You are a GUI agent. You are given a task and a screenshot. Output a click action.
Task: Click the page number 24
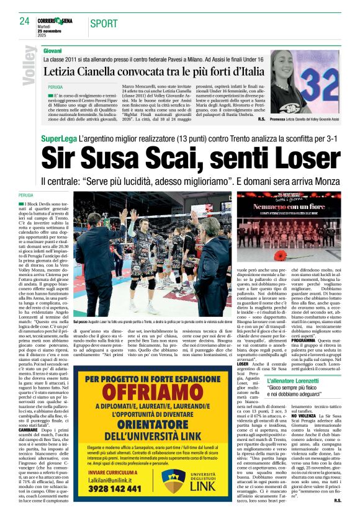(x=25, y=20)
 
